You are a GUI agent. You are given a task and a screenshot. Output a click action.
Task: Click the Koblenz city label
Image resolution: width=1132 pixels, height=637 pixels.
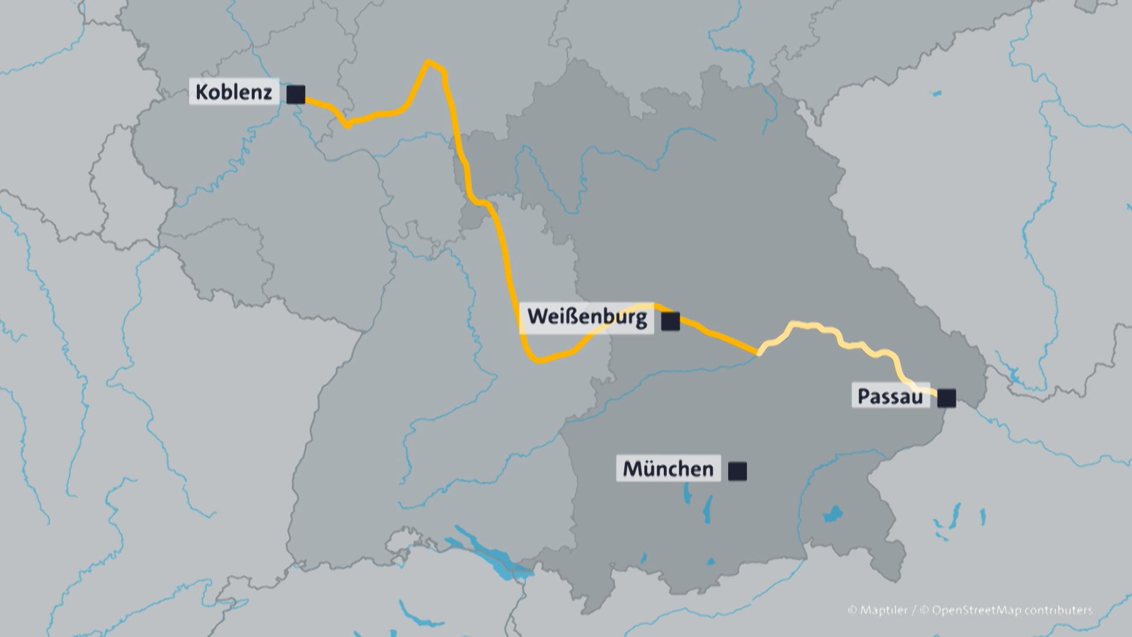(x=233, y=93)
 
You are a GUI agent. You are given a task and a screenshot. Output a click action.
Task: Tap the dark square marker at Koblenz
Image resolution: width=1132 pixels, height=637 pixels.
(x=296, y=94)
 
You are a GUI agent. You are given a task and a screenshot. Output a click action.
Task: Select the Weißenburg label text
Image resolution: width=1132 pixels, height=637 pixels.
(x=587, y=317)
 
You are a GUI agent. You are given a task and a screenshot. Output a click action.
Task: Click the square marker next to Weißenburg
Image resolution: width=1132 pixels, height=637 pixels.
(x=670, y=321)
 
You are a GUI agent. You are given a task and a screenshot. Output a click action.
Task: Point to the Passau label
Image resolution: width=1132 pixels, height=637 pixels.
(x=890, y=396)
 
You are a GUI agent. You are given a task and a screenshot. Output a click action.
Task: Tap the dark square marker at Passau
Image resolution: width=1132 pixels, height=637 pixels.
(x=946, y=398)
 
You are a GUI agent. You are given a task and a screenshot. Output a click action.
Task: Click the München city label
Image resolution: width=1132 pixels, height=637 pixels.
(x=668, y=469)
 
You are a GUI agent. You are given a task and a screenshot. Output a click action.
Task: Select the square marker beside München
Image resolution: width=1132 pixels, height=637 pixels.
(x=738, y=471)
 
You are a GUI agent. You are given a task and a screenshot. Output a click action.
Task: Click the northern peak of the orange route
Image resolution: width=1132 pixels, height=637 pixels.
(x=429, y=62)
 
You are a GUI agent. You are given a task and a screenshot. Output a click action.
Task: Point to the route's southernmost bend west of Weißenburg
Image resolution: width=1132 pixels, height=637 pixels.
(x=538, y=359)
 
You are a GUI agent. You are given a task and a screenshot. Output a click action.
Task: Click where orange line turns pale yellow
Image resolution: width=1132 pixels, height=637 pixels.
(x=759, y=353)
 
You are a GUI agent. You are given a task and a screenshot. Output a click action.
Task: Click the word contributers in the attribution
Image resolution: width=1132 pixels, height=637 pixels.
(x=1058, y=610)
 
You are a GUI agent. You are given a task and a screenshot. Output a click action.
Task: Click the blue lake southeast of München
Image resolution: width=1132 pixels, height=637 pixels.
(x=832, y=514)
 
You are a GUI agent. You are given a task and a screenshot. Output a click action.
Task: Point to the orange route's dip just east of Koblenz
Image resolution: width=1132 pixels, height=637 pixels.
(x=348, y=124)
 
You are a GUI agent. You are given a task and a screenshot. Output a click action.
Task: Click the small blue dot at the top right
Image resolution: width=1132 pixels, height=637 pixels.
(x=936, y=93)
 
